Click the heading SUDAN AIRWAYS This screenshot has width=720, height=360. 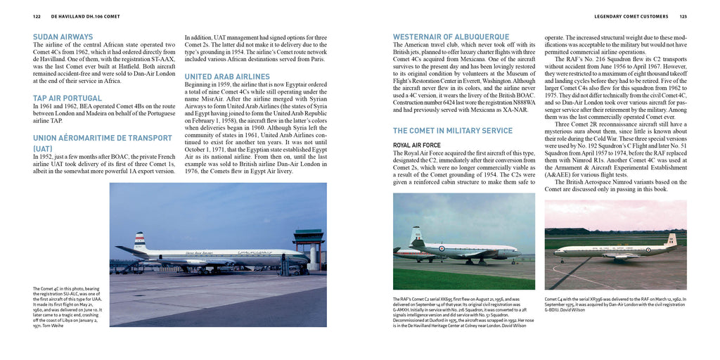click(x=63, y=37)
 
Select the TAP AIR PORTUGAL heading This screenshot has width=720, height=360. click(x=67, y=98)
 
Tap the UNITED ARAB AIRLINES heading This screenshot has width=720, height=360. click(x=227, y=76)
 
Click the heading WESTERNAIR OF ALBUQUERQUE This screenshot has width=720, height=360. click(x=451, y=37)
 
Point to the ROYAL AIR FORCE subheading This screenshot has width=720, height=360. click(x=417, y=145)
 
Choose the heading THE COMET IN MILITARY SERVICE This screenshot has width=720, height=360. click(x=453, y=131)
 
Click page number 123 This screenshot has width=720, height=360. click(x=683, y=15)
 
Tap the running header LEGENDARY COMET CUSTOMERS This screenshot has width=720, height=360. click(x=629, y=15)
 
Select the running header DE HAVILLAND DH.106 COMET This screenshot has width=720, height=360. click(x=82, y=15)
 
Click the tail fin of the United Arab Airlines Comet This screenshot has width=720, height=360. click(x=140, y=240)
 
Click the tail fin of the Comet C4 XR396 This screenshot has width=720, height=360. click(x=671, y=240)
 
